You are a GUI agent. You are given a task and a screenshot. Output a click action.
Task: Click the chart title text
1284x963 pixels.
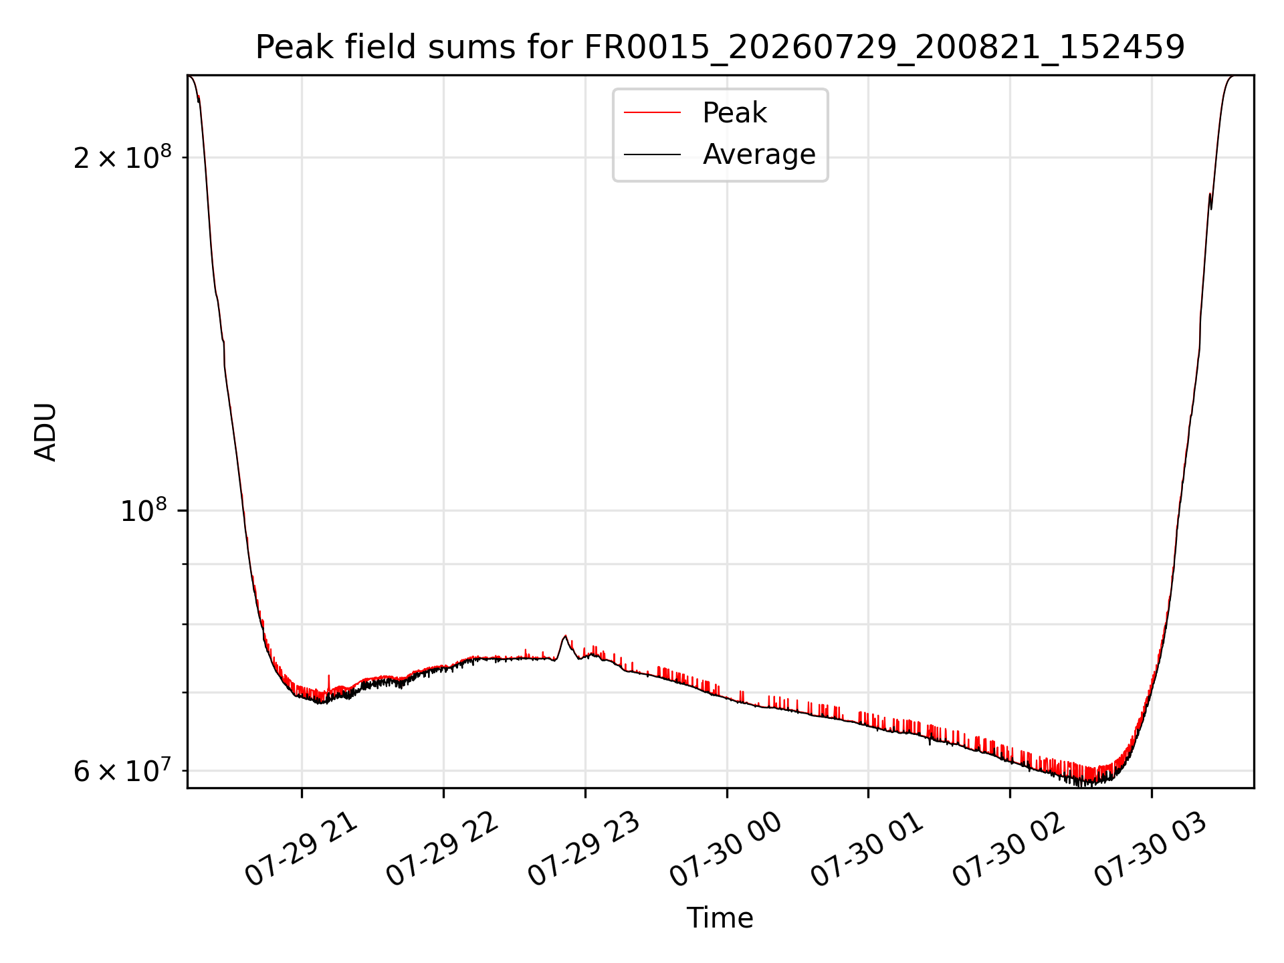tap(720, 47)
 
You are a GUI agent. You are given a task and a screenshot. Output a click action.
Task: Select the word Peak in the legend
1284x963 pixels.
tap(734, 113)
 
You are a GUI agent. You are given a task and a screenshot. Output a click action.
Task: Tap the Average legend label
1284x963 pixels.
tap(759, 154)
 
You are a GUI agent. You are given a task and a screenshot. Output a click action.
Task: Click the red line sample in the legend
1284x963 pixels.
tap(652, 113)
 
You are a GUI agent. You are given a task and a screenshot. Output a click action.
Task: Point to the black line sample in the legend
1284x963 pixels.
tap(652, 154)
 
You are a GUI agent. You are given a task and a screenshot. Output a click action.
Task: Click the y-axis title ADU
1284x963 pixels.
tap(45, 432)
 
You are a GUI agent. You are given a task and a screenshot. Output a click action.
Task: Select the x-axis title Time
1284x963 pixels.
tap(720, 918)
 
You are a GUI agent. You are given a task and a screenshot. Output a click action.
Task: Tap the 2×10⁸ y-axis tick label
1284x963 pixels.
tap(122, 157)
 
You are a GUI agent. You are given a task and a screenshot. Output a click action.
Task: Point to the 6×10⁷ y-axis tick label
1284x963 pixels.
tap(122, 770)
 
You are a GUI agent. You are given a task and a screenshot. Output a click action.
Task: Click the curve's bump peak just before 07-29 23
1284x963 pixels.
tap(565, 636)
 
